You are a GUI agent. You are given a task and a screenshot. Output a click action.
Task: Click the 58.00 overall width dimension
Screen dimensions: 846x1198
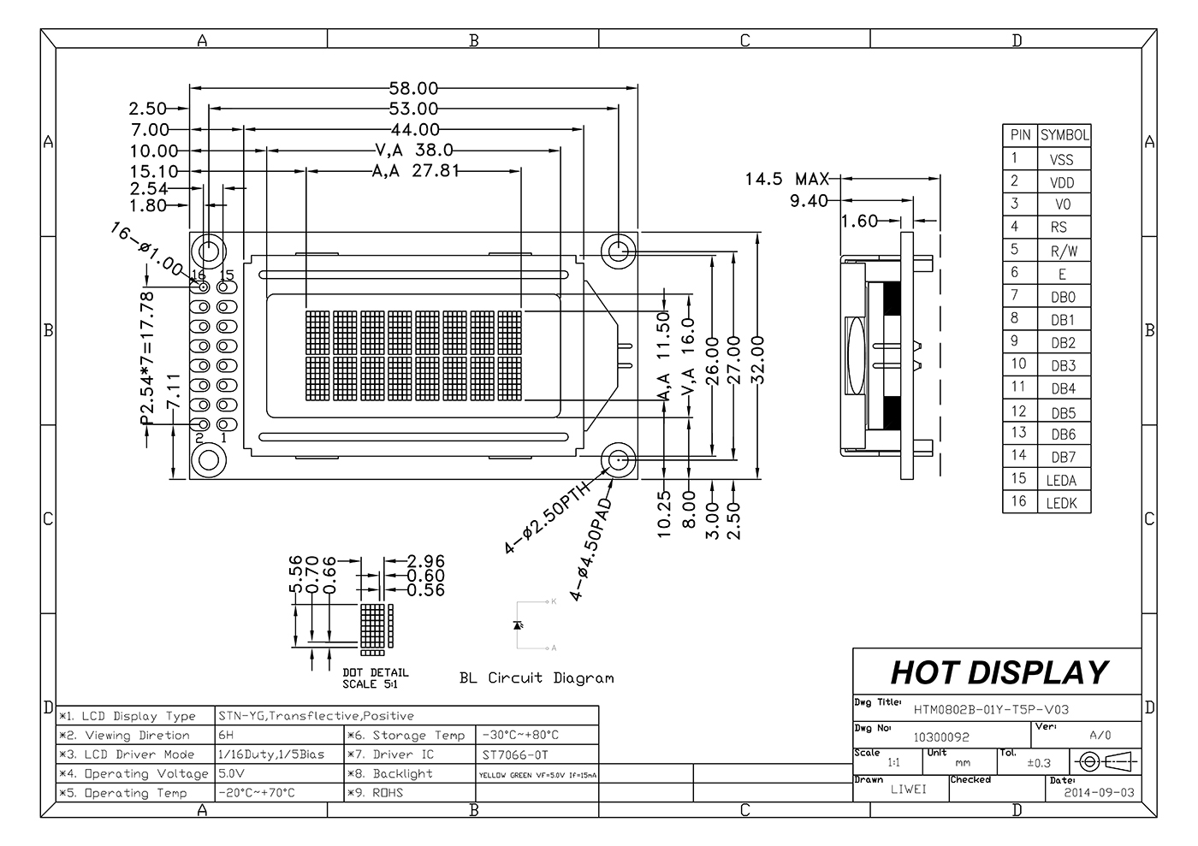[x=413, y=88]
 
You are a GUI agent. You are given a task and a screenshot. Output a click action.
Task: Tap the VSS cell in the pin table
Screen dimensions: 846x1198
[x=1061, y=159]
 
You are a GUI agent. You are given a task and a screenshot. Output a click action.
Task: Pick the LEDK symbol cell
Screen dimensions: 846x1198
[x=1061, y=503]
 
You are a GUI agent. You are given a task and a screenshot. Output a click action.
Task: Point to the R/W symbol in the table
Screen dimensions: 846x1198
[x=1064, y=251]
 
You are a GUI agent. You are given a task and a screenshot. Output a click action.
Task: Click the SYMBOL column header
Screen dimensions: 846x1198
[x=1065, y=135]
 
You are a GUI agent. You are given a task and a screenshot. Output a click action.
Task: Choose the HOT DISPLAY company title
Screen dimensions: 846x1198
[x=999, y=672]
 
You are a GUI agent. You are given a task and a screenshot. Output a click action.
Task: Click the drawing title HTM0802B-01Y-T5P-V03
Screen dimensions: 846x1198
[x=991, y=709]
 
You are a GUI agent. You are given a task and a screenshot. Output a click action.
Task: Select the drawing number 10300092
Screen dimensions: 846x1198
[x=941, y=736]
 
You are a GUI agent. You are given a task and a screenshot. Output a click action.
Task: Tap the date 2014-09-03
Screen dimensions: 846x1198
[x=1099, y=792]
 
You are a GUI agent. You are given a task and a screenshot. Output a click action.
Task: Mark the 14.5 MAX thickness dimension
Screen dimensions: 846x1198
[x=786, y=179]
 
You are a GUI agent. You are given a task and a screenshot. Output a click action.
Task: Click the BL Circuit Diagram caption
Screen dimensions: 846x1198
[x=537, y=678]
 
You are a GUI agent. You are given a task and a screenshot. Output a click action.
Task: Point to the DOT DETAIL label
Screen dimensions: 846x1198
[x=375, y=673]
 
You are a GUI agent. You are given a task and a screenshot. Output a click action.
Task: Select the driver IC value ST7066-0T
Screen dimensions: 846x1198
[x=514, y=754]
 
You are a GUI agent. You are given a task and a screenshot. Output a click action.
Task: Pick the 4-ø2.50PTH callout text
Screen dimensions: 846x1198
[x=548, y=518]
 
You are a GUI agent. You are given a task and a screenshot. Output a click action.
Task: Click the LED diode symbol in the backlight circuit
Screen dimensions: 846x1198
[x=517, y=625]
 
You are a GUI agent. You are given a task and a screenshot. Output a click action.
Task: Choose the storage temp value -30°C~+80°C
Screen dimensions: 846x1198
[x=520, y=735]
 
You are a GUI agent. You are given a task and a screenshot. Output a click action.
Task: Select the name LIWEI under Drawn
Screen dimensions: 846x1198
[x=908, y=789]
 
